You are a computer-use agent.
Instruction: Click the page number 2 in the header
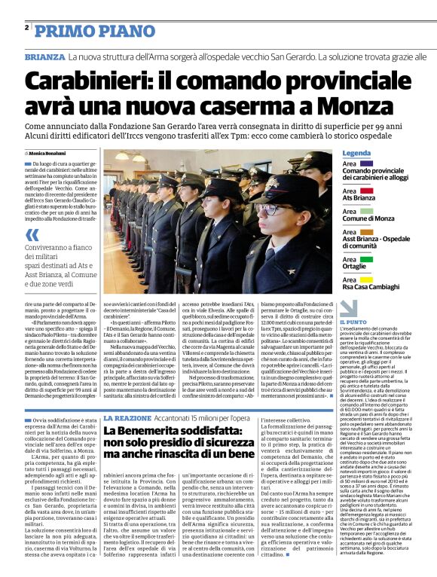pos(26,28)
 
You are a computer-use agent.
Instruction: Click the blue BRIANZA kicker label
pos(44,57)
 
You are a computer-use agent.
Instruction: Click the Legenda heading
pos(356,153)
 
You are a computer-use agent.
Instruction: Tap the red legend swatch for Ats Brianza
pos(347,188)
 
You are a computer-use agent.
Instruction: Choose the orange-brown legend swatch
pos(347,229)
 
